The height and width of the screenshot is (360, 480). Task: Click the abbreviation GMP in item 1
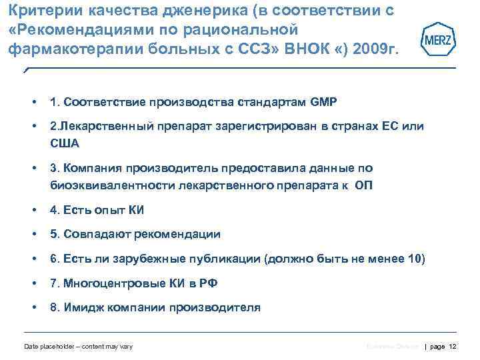click(x=324, y=103)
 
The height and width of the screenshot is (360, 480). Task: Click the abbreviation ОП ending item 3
click(x=364, y=186)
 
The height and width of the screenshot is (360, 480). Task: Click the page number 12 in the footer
click(x=453, y=346)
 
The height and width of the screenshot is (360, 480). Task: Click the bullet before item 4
click(x=33, y=210)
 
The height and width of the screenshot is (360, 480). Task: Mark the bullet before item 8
click(x=33, y=308)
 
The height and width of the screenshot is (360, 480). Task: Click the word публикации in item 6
click(x=222, y=259)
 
